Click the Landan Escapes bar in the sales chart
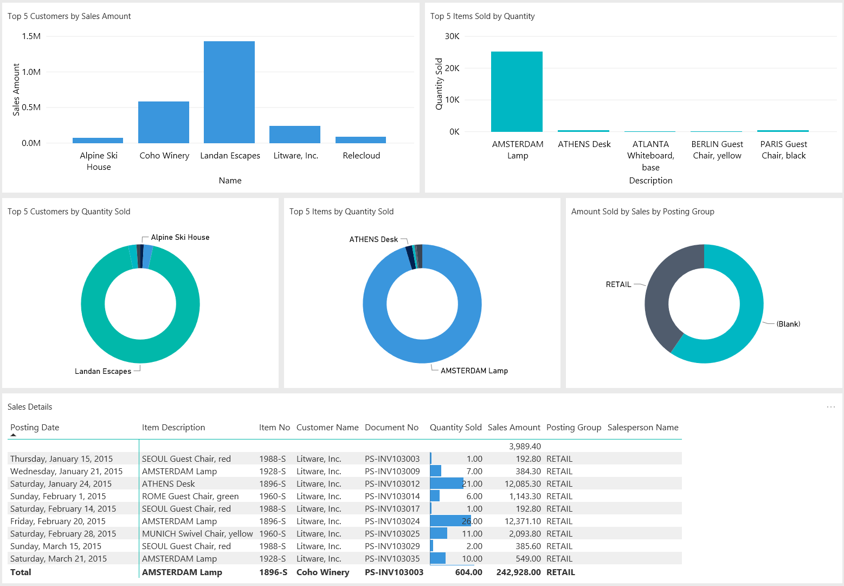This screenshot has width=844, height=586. point(229,92)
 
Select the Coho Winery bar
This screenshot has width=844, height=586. point(163,122)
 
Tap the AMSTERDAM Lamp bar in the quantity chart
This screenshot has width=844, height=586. point(517,92)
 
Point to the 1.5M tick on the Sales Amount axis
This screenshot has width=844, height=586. point(31,36)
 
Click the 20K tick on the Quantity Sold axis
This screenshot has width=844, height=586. point(452,68)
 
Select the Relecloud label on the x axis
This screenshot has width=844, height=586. point(361,156)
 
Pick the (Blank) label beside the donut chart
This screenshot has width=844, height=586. point(788,324)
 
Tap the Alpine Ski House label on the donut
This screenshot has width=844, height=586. point(180,237)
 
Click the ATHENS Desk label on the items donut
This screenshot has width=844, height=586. point(373,239)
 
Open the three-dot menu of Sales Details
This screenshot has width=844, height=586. point(830,407)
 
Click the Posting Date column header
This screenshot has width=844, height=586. point(35,428)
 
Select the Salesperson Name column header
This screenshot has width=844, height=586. point(642,428)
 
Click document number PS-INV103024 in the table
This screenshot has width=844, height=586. point(392,521)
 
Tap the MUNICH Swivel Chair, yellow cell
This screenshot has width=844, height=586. point(197,534)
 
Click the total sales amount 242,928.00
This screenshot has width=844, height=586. point(518,572)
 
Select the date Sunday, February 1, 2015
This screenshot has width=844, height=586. point(58,496)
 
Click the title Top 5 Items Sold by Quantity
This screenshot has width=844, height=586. point(482,16)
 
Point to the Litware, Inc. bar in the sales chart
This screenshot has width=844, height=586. point(294,135)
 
